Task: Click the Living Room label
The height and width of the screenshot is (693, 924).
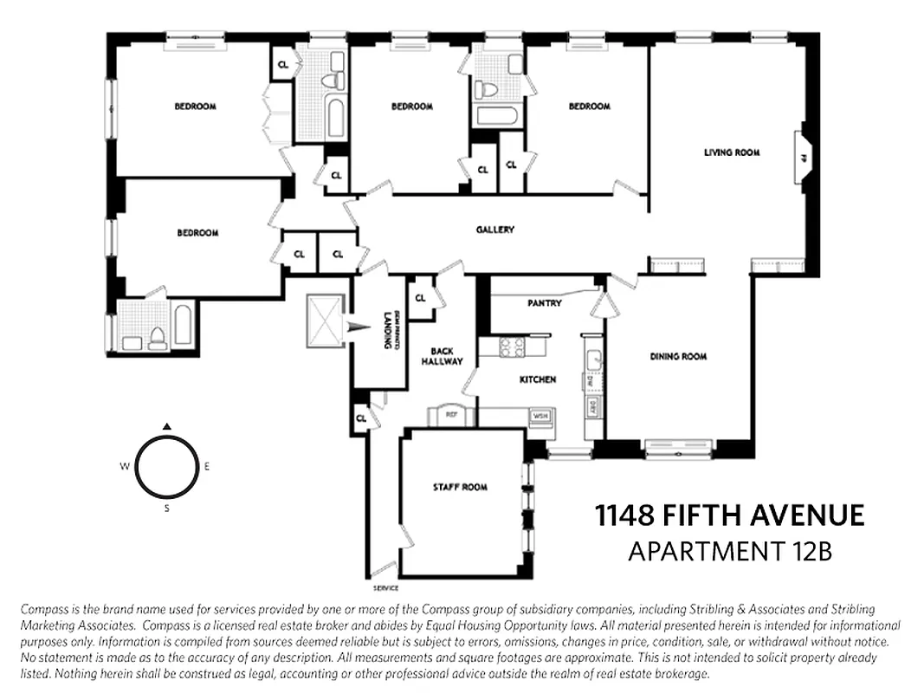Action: pos(732,152)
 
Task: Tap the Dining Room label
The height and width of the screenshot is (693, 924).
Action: pos(678,356)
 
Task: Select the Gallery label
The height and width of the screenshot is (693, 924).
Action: pos(494,230)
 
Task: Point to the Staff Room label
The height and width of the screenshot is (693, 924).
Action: pos(460,488)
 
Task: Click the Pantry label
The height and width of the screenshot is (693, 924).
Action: pos(545,303)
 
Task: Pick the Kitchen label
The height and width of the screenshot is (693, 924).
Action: pos(537,379)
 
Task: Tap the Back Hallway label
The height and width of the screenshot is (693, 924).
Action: pos(442,356)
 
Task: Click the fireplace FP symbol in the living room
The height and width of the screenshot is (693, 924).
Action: pos(803,159)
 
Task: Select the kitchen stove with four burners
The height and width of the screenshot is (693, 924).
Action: pos(513,346)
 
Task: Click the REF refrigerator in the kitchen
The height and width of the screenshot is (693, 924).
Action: pos(451,414)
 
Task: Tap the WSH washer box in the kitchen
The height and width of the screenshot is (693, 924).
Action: pos(540,416)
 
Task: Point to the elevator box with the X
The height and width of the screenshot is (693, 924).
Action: pos(325,321)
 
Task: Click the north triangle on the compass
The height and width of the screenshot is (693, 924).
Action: pos(167,426)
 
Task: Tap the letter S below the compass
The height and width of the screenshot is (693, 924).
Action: pos(166,508)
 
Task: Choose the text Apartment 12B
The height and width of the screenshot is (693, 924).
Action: pos(729,551)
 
